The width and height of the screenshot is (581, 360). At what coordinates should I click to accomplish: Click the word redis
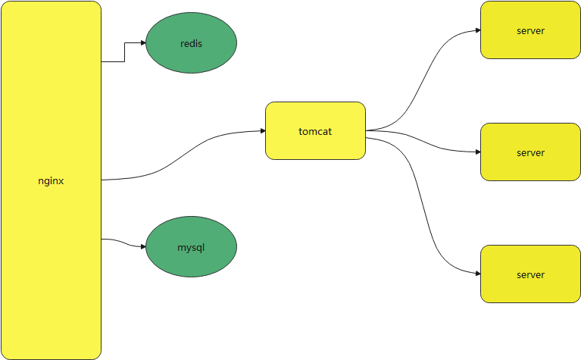[x=191, y=43]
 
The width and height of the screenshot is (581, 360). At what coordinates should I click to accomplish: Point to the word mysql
[x=191, y=247]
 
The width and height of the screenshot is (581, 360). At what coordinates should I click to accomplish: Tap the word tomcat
[x=315, y=131]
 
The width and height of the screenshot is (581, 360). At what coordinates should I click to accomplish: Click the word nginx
[x=51, y=180]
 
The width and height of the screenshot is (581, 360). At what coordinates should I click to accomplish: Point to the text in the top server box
[x=530, y=30]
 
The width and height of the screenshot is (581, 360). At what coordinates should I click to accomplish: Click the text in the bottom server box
[x=530, y=274]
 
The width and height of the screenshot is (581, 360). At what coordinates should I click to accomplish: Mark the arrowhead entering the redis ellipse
[x=142, y=42]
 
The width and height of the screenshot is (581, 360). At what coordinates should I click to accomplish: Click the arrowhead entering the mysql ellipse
[x=142, y=246]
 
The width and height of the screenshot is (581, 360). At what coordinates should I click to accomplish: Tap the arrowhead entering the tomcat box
[x=262, y=131]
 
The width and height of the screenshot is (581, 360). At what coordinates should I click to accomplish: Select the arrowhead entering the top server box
[x=477, y=30]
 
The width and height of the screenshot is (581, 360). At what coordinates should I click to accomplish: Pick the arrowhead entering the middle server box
[x=477, y=152]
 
